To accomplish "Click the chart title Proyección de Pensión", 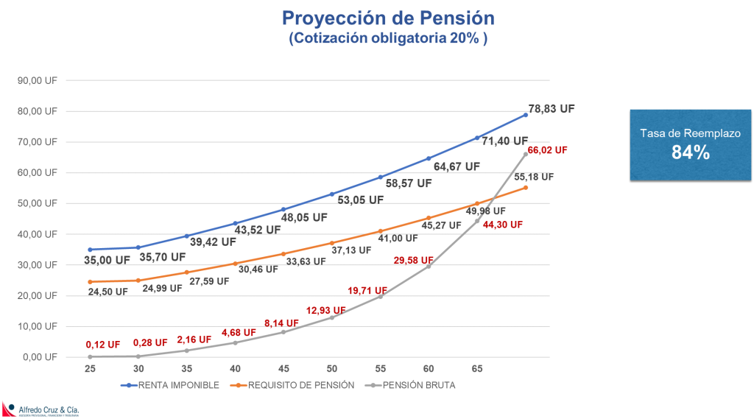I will (x=387, y=18).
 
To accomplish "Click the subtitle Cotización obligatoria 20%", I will (x=387, y=39).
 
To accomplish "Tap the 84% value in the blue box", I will (x=690, y=152).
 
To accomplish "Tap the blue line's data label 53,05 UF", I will (x=359, y=200).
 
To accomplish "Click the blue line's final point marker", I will (x=526, y=115).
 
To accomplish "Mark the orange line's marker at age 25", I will (x=90, y=282).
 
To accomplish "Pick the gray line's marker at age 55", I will (x=380, y=297).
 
